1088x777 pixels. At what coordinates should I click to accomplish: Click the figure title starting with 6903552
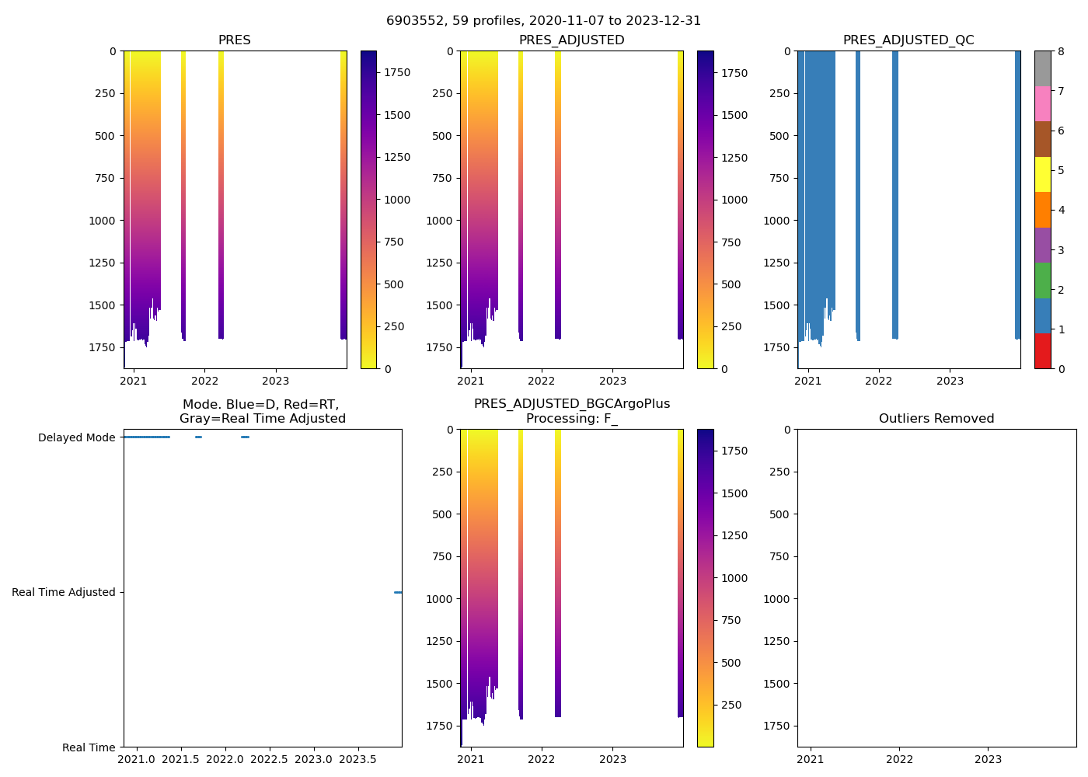pos(543,21)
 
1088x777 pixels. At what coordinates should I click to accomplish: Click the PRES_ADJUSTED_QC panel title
pos(908,40)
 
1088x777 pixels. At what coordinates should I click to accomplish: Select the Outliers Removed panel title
pos(936,419)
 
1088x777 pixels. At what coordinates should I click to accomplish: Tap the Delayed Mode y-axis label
pos(76,437)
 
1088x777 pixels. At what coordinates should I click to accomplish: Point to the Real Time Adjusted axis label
pos(64,592)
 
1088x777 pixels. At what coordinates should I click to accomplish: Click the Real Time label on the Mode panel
pos(89,747)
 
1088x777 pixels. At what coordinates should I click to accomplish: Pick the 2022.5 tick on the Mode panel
pos(270,759)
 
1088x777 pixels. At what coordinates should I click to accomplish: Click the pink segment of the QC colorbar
pos(1042,104)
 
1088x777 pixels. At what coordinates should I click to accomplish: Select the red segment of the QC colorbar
pos(1042,351)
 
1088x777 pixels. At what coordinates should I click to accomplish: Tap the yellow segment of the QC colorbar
pos(1042,174)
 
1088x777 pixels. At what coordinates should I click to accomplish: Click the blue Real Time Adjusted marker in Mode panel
pos(398,592)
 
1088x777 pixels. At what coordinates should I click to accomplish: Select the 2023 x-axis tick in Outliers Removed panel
pos(989,759)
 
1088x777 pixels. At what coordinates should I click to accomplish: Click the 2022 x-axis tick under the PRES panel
pos(204,381)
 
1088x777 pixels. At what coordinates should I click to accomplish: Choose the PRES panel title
pos(234,40)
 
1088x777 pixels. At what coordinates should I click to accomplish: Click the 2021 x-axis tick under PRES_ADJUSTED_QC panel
pos(808,381)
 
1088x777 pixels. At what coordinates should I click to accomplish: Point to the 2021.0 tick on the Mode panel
pos(137,759)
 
